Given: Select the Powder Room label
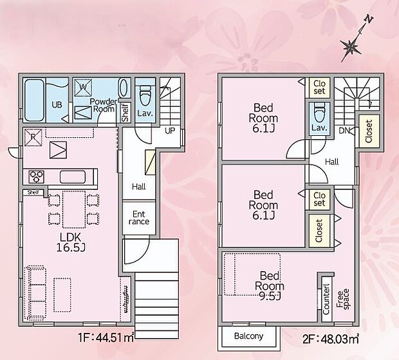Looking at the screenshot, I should pos(102,106).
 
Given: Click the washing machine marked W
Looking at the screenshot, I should pos(83,87).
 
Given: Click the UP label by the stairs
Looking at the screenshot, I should pos(171,130).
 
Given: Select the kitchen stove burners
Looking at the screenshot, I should pos(35,176).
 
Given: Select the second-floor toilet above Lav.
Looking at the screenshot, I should pos(319,113).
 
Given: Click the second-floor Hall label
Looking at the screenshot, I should pos(332,162).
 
